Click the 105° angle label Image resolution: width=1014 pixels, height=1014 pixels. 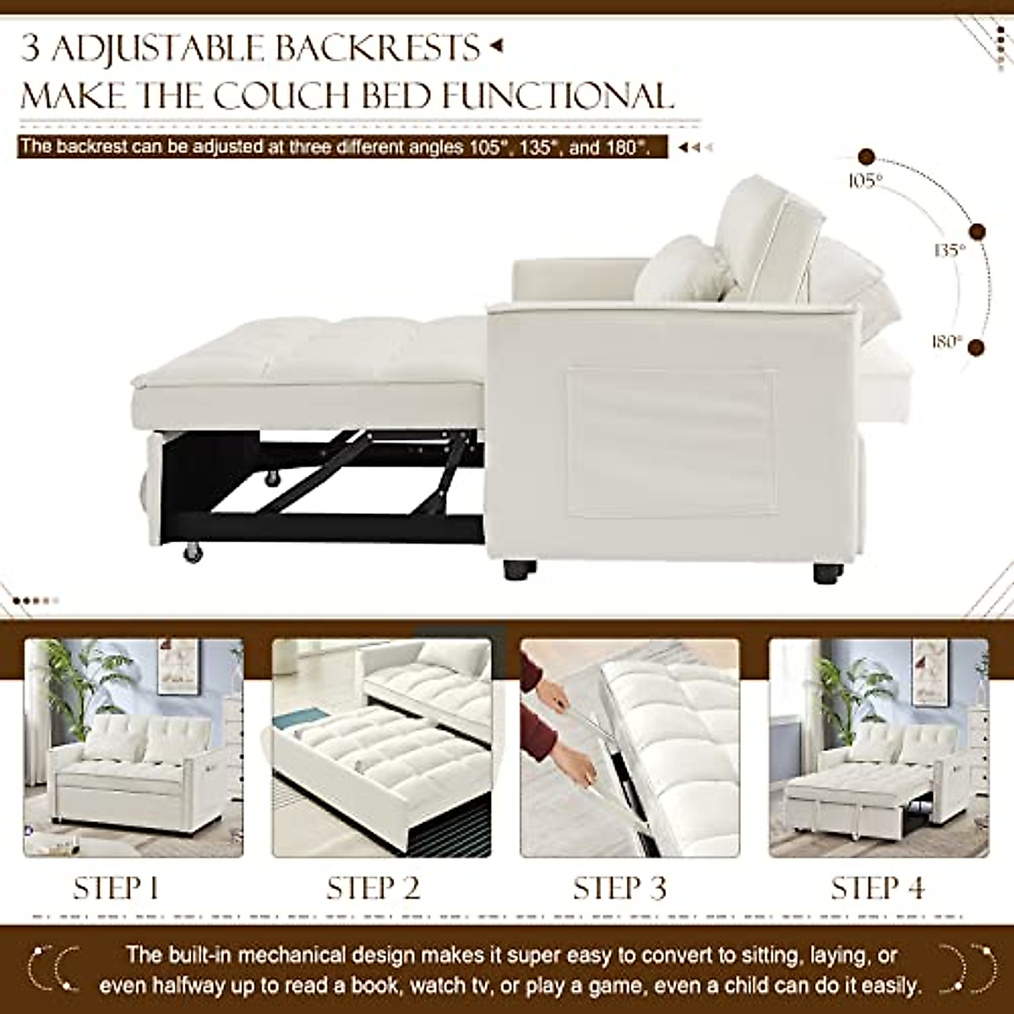click(866, 179)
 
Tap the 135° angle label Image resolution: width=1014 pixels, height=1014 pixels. click(949, 250)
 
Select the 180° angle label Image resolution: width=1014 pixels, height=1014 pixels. click(947, 341)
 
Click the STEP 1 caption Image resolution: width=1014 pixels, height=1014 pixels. click(116, 888)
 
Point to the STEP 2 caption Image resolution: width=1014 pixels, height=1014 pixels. click(373, 888)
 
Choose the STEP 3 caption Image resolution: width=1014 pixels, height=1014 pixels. click(619, 888)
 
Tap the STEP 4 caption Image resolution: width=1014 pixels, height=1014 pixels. click(878, 888)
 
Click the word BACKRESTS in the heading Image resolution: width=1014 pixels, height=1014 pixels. click(374, 47)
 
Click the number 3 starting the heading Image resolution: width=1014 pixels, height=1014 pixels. click(31, 48)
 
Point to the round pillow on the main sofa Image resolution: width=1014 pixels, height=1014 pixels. click(681, 268)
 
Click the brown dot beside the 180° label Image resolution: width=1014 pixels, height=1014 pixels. click(978, 346)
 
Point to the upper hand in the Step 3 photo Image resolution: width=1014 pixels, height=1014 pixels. click(553, 697)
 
